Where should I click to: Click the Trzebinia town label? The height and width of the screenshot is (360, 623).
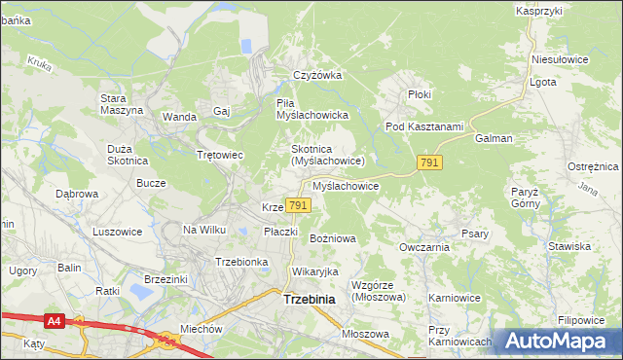pos(309,300)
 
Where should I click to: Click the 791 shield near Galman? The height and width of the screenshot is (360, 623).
pos(429,162)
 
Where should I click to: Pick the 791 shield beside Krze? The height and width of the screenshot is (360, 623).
pos(299,205)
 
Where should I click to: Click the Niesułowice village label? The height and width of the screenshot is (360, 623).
pos(560,58)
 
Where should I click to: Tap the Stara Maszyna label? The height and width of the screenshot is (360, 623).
pos(122,104)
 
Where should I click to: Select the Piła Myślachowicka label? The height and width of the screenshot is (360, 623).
pos(312,109)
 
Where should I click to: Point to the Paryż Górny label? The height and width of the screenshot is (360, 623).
pos(525,198)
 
